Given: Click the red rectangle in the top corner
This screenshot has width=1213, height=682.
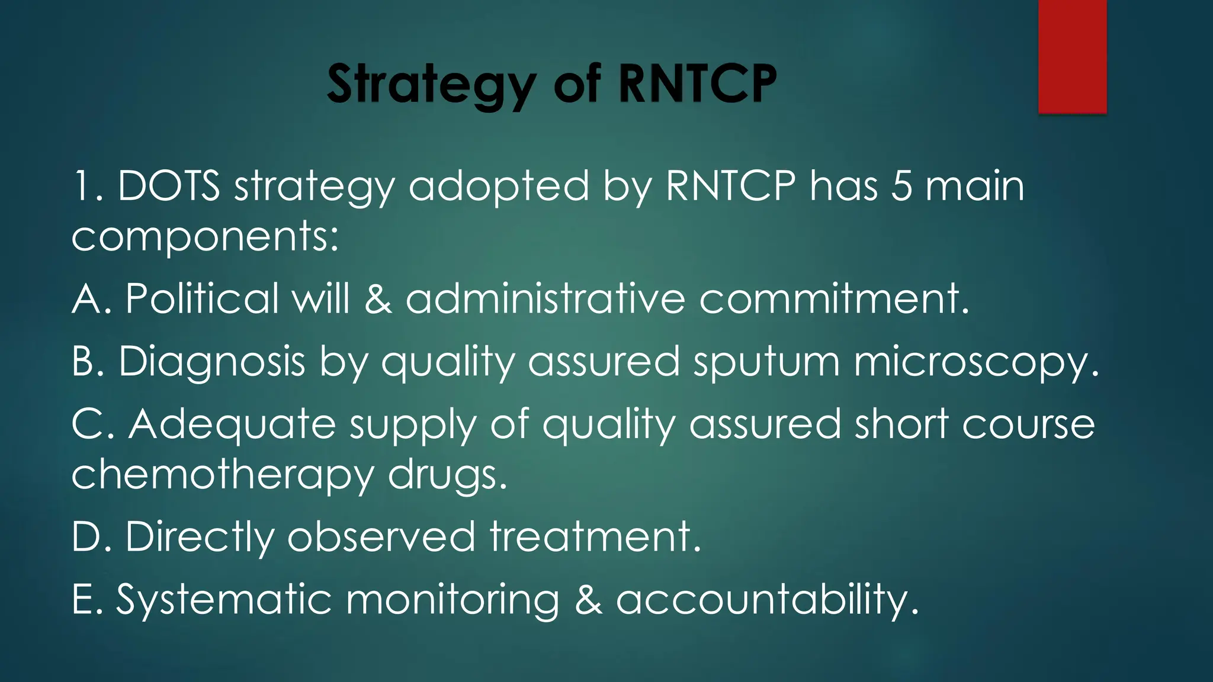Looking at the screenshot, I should click(x=1072, y=56).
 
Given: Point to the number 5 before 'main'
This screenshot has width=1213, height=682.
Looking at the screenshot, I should click(x=901, y=186).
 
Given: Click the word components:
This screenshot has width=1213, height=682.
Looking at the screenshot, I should click(x=205, y=236).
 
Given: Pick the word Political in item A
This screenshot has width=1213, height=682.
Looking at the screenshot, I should click(x=202, y=298).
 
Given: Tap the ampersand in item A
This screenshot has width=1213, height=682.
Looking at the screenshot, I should click(x=378, y=298).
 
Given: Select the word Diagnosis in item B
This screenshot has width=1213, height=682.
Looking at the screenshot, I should click(x=211, y=362).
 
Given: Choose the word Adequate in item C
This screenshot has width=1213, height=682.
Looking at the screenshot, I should click(x=232, y=424).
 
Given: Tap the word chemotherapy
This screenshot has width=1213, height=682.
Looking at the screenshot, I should click(x=222, y=475).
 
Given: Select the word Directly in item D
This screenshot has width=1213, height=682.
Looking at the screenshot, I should click(x=200, y=538).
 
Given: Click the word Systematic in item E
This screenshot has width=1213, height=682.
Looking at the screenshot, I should click(x=223, y=600).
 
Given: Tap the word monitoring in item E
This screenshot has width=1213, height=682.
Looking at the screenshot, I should click(x=453, y=600).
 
